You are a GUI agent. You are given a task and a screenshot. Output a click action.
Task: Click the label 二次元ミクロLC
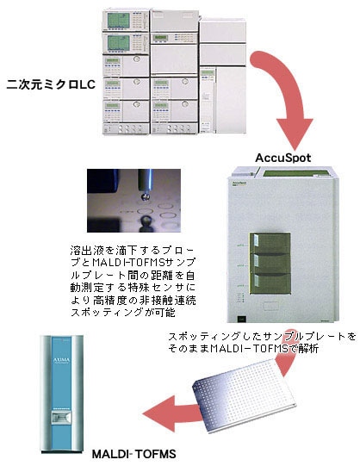coord(51,84)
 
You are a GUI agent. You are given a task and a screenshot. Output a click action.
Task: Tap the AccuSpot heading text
coord(283,158)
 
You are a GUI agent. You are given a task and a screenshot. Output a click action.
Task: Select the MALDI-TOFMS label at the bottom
coord(134,454)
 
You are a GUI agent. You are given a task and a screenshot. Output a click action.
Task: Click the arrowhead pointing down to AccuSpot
coord(295,134)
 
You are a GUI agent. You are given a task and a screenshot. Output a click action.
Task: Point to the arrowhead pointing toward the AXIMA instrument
coord(158,414)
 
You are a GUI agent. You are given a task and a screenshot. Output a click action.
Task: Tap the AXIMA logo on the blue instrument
coord(61,360)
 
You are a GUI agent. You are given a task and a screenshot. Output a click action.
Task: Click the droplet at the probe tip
coord(145,196)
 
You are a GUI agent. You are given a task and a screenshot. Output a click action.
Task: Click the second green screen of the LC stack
coord(119,43)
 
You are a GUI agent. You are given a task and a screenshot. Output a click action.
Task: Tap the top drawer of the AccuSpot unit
coord(270,243)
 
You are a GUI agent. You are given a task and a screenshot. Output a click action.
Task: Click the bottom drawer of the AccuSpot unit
coord(270,283)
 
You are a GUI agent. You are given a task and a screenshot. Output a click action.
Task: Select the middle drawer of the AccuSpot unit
coord(270,264)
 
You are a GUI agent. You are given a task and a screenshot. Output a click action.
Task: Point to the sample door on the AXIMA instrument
coord(61,418)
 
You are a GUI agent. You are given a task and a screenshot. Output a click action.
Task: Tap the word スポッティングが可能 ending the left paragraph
coord(122,313)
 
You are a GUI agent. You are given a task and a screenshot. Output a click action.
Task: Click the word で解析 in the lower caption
coord(303,348)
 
